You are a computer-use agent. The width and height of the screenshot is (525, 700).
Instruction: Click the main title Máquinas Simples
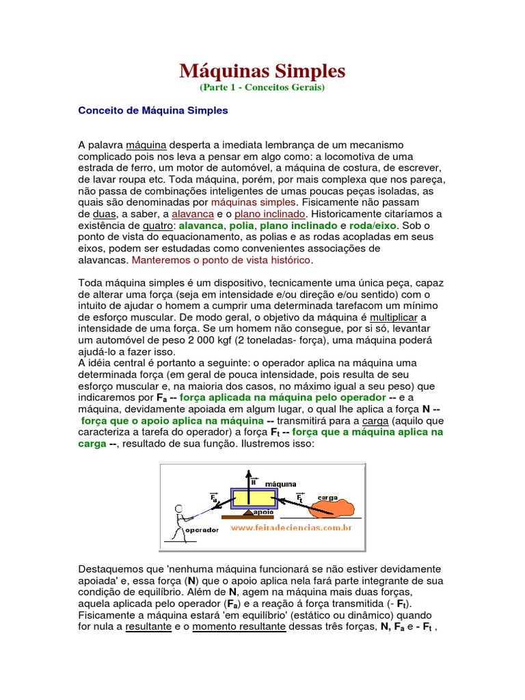coord(262,70)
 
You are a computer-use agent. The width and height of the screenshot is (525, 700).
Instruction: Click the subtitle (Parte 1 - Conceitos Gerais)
coord(262,87)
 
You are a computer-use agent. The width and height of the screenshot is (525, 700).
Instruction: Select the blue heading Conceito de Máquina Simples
coord(154,110)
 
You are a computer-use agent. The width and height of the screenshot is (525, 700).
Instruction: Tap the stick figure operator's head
coord(180,509)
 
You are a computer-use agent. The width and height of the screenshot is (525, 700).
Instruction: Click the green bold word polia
coord(241,226)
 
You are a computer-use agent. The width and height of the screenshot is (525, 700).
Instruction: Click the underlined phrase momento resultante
coord(239,627)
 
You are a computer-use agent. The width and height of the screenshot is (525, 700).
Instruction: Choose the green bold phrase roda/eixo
coord(373,226)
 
